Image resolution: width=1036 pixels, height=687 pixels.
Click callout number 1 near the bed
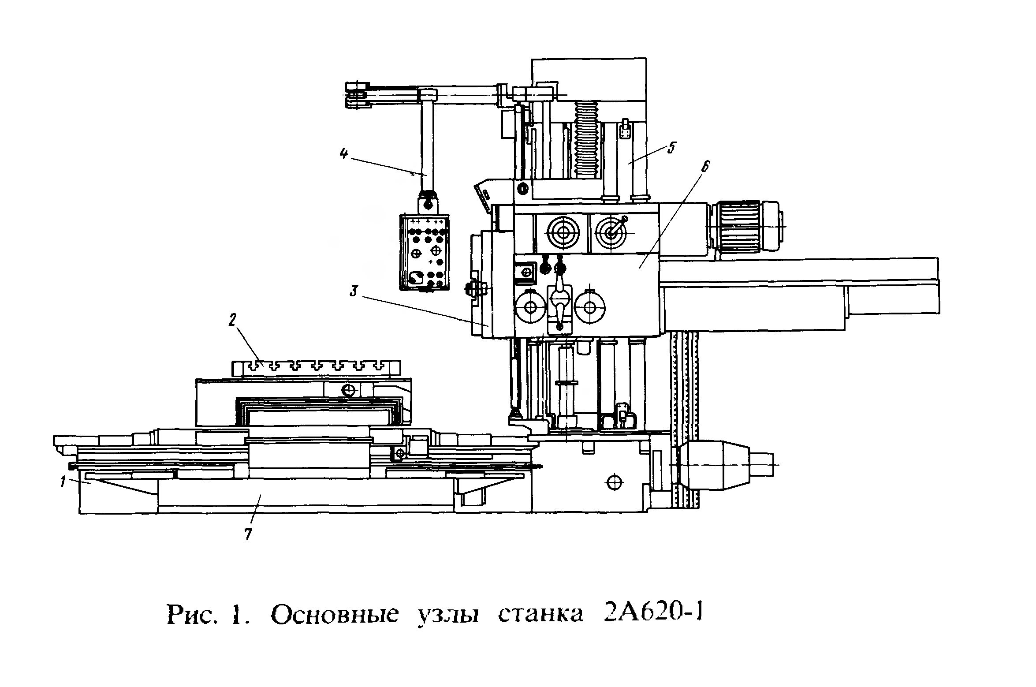63,482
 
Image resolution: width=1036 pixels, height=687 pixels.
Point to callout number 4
344,154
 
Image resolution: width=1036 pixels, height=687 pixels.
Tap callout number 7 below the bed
248,534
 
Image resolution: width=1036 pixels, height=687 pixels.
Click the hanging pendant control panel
424,252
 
